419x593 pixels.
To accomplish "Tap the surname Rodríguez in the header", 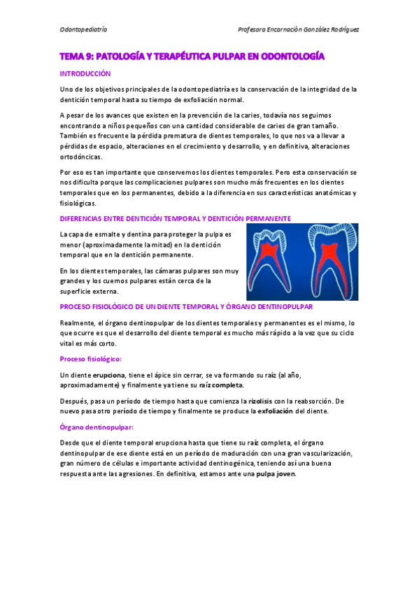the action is (x=342, y=30).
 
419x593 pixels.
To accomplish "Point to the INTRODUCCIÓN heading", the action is (x=85, y=73).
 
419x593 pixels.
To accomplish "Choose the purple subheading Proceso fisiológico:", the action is (x=91, y=359).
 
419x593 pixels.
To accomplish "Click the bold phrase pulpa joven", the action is (x=276, y=473).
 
